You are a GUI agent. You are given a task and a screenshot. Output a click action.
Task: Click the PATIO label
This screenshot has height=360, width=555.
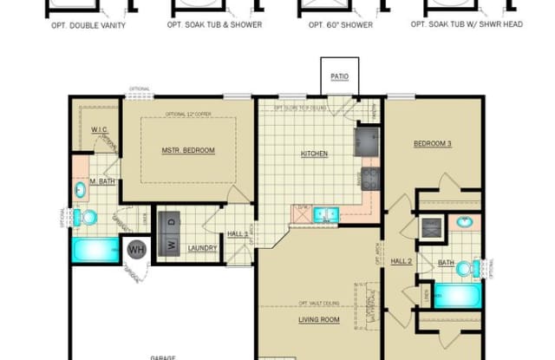pos(340,76)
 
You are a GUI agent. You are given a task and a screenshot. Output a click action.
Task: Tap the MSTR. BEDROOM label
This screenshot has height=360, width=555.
pos(188,150)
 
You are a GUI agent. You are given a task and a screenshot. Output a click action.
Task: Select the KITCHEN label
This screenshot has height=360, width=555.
pos(314,154)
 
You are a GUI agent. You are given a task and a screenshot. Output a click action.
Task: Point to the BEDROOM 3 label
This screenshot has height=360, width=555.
pos(432,143)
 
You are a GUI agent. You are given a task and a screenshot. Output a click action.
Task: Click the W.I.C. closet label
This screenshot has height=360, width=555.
pos(99,129)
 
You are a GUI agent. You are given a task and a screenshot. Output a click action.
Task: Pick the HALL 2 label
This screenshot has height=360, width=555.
pos(401,260)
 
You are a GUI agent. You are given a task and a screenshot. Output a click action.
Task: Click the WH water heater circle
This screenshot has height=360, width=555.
pos(136,250)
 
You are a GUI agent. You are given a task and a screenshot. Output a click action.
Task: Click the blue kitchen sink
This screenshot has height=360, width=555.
pos(326,213)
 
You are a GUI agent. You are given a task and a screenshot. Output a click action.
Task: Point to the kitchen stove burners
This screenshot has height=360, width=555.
pos(370,179)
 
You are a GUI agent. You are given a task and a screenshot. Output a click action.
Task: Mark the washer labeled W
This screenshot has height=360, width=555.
pos(170,243)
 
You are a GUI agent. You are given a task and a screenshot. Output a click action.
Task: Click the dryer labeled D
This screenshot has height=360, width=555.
pos(171,221)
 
